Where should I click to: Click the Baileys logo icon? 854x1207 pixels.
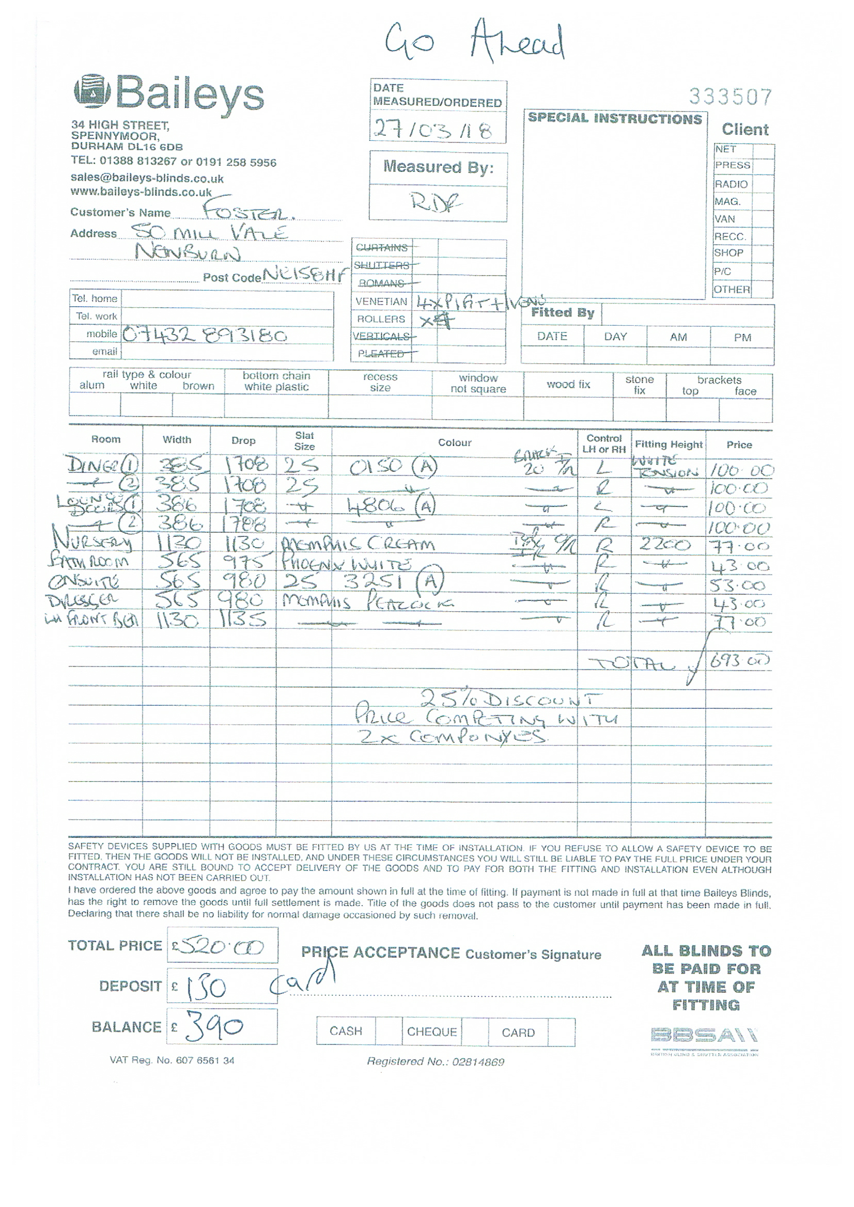92,92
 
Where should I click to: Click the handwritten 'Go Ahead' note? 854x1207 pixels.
474,42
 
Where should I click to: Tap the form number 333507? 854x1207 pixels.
731,97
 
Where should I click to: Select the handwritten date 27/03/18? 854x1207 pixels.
432,129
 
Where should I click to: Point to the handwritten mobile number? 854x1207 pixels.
205,335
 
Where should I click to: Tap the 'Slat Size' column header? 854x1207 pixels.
304,441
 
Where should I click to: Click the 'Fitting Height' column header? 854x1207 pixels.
668,444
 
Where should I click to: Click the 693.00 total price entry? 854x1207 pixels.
739,661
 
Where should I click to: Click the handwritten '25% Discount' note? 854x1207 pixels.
509,699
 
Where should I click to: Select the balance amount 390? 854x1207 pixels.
213,1028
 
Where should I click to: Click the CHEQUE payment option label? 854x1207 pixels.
432,1032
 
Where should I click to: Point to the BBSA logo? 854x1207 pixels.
704,1036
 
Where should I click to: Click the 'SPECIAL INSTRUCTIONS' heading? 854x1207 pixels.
615,119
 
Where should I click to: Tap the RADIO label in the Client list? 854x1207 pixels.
731,184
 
